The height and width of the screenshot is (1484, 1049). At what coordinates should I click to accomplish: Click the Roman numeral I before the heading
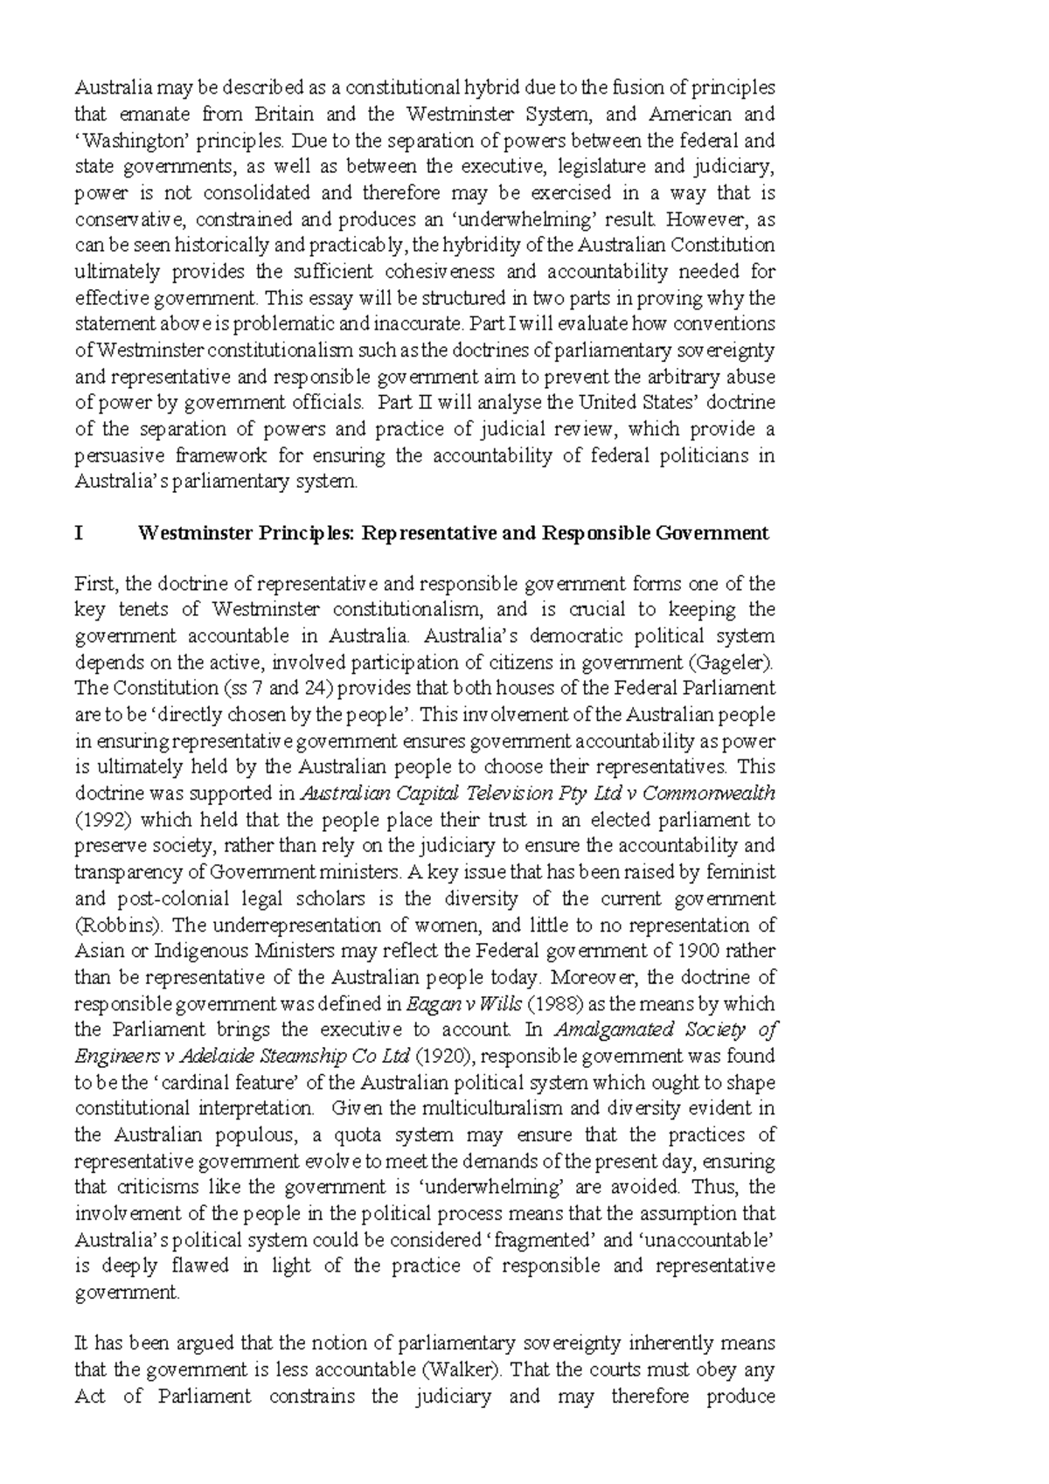point(79,533)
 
